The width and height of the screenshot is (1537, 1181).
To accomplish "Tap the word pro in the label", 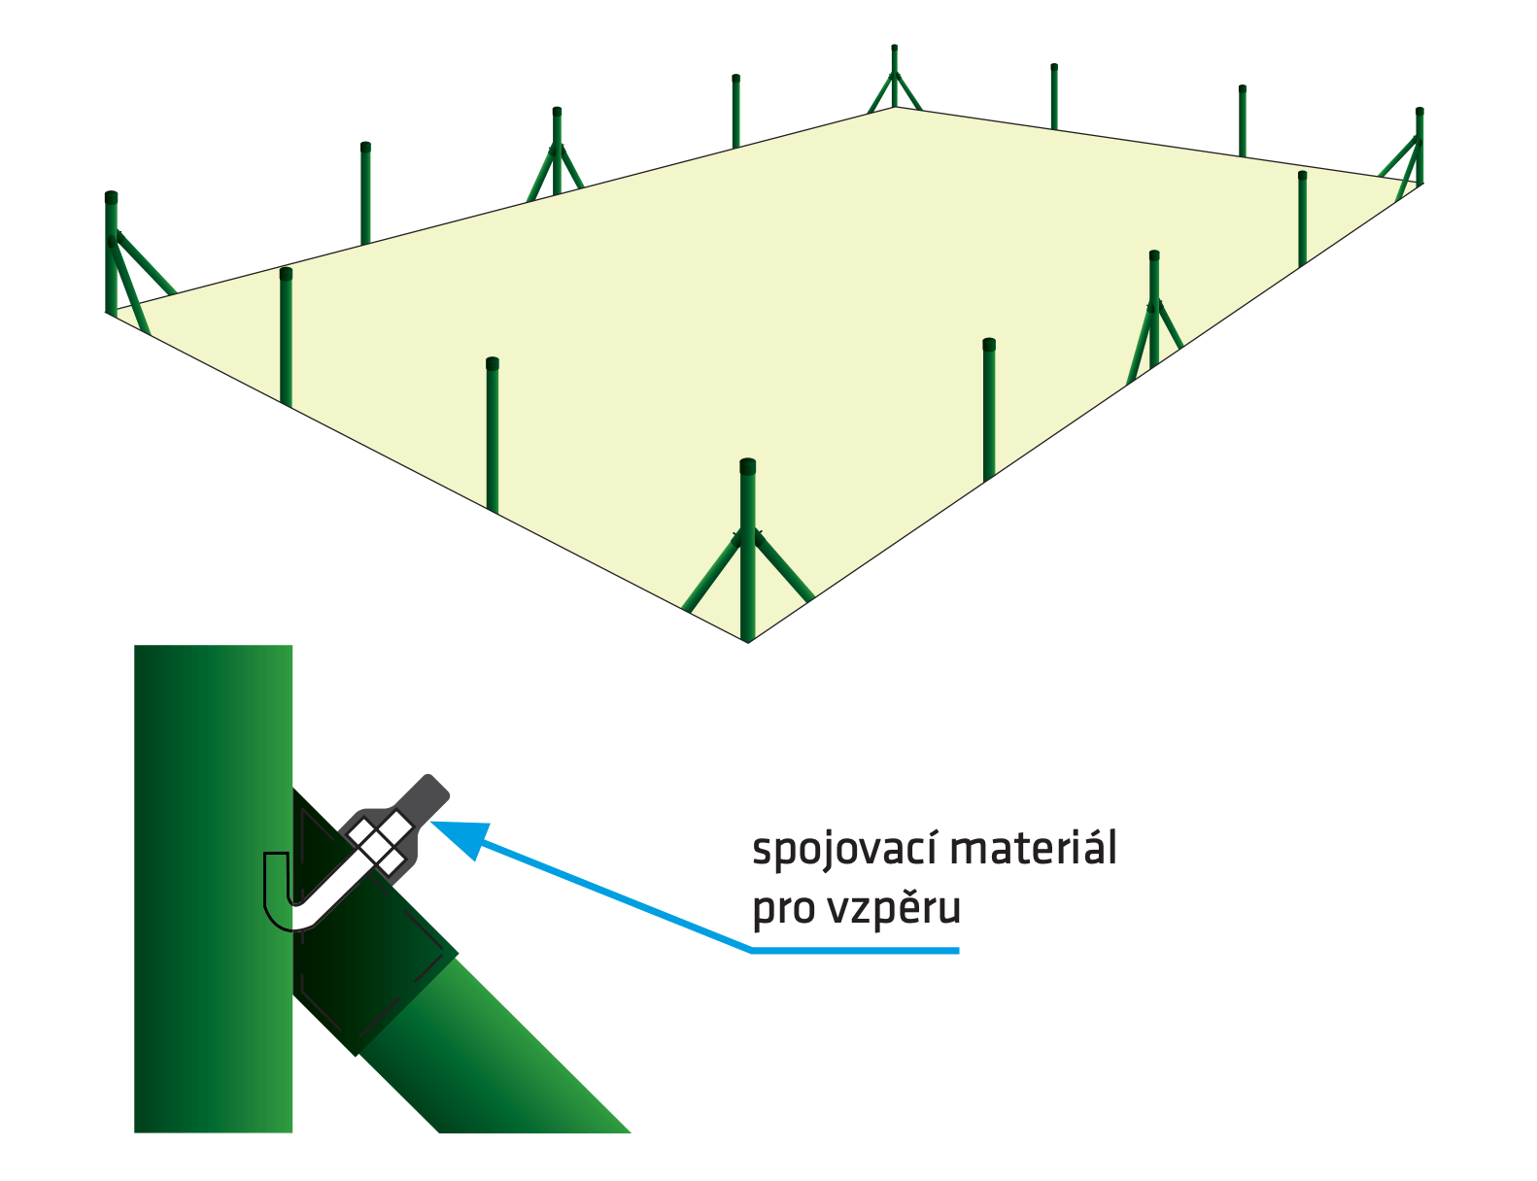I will pos(783,910).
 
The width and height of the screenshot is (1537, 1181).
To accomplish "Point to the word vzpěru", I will pos(894,908).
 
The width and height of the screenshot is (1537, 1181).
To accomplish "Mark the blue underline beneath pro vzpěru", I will pos(855,951).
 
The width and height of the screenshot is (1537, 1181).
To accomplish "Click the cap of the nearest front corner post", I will pos(747,466).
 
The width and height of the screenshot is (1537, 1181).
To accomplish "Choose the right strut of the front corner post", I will pos(785,568).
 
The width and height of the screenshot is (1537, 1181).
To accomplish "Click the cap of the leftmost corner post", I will pos(111,198).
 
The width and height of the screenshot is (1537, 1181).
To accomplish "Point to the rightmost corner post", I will pos(1419,146).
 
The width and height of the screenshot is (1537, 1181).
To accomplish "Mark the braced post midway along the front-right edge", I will pos(1154,311).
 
